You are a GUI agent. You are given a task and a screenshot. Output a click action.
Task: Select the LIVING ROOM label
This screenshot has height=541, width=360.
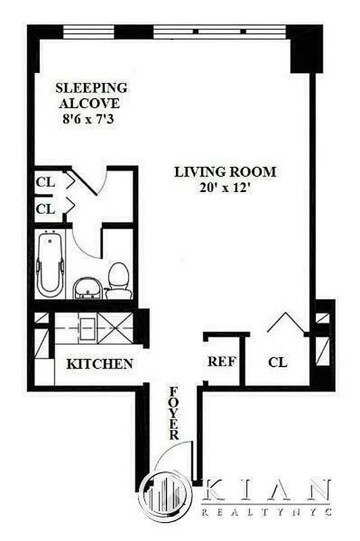225,172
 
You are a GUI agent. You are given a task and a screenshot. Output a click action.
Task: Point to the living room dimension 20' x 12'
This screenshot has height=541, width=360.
225,189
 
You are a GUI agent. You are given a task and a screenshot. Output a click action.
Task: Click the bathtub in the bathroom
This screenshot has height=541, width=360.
49,264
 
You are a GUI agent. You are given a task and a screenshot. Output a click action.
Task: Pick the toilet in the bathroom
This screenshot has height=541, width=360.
119,279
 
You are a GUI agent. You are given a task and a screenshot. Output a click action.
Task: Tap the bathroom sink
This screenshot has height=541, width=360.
86,287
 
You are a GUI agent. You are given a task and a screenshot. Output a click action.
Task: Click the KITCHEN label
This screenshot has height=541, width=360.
99,364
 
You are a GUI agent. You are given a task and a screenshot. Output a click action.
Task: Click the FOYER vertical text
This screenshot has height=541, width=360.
174,413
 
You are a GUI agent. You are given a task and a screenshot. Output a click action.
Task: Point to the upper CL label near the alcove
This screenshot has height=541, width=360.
45,183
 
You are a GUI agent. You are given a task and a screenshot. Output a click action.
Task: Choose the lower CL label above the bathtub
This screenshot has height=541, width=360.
45,209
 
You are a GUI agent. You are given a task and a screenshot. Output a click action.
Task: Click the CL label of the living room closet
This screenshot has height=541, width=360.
277,362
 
